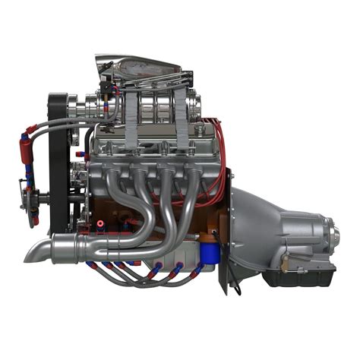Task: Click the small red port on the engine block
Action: click(x=99, y=225)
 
